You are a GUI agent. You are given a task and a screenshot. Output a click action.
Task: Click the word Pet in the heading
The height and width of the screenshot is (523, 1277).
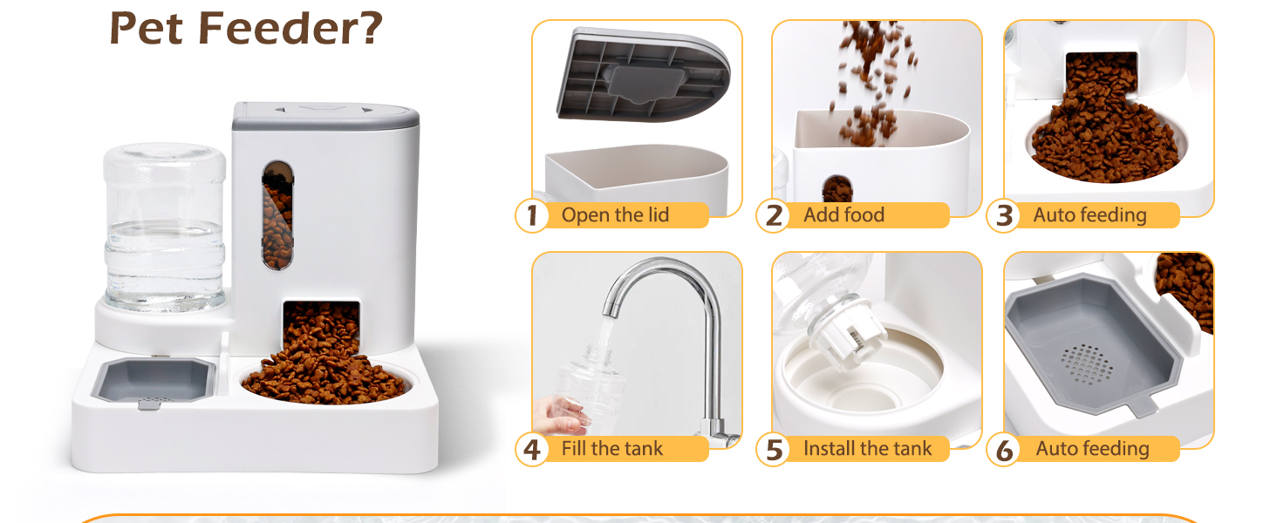(146, 28)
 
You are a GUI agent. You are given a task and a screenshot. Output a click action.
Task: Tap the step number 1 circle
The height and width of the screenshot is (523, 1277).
(532, 215)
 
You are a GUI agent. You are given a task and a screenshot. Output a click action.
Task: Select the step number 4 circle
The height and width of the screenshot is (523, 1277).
(532, 449)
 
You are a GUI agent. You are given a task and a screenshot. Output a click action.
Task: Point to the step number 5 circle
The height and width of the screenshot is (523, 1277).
(773, 449)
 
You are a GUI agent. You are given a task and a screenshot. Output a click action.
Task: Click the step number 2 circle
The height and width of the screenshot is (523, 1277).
(773, 215)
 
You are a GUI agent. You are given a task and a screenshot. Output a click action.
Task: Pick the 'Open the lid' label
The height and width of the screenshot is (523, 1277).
(615, 214)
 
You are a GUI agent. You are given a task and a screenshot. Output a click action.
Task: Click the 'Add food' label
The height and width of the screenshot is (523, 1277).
(843, 214)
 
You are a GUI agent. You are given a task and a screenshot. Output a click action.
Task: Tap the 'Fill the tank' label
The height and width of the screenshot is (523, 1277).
(611, 448)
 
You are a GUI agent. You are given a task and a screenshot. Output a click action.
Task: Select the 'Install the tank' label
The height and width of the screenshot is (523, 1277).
(867, 448)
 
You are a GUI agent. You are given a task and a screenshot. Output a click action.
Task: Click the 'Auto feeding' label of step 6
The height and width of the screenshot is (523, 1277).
(1092, 449)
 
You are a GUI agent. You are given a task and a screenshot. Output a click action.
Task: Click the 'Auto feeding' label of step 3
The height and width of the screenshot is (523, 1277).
(1090, 215)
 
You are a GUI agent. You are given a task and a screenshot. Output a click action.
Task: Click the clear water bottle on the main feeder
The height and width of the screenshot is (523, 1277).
(164, 227)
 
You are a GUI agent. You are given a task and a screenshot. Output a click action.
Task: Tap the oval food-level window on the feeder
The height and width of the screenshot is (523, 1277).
(277, 214)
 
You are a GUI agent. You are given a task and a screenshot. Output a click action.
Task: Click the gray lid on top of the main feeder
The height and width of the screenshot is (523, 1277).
(325, 116)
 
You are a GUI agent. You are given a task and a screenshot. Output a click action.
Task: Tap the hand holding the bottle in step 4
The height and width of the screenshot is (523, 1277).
(562, 416)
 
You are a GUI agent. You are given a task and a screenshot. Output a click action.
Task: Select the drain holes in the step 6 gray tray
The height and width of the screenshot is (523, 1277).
(1086, 364)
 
